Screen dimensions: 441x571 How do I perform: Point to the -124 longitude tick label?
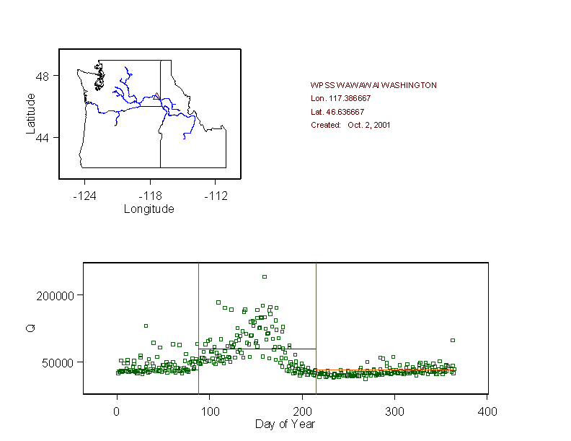point(85,196)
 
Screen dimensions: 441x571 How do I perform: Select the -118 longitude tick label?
point(150,196)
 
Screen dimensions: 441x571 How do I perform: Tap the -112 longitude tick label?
point(216,196)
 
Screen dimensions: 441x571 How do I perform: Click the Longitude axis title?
point(149,209)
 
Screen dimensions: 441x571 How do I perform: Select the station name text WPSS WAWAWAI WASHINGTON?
point(373,85)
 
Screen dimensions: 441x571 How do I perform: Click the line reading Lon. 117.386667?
point(341,98)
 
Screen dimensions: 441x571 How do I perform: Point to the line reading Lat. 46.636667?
point(337,112)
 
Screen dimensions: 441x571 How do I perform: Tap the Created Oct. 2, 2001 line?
point(350,125)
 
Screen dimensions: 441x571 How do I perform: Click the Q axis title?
point(30,328)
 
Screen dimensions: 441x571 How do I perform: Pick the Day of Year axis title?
point(285,424)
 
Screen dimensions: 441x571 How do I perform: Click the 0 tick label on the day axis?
point(117,411)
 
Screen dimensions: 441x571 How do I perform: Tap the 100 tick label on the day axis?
point(209,411)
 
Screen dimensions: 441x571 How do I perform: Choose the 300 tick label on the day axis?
point(394,411)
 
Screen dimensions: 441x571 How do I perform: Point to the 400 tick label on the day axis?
point(487,411)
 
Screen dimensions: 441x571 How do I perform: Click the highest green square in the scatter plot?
point(265,276)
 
